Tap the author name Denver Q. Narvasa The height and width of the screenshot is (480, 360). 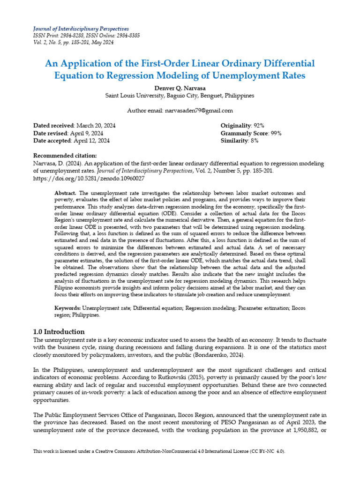tap(180, 88)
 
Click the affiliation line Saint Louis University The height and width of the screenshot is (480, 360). tap(180, 96)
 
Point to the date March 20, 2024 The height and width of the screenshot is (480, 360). tap(96, 126)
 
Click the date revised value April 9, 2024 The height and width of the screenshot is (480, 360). tap(88, 133)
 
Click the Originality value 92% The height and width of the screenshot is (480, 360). tap(259, 126)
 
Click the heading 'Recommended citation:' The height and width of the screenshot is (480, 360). tap(65, 156)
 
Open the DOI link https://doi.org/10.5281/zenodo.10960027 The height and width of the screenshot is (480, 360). tap(89, 178)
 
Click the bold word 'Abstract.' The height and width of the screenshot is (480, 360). tap(66, 193)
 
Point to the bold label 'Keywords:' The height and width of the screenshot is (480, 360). tap(68, 308)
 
